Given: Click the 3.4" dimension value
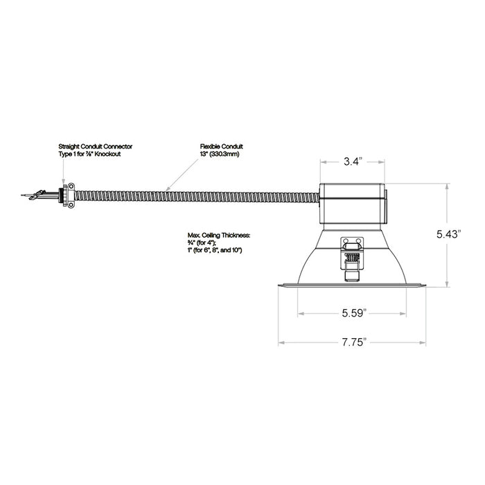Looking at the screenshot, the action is [x=353, y=161].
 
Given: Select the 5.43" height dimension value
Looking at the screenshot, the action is [x=447, y=234].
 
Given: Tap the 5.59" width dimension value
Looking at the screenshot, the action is [x=354, y=313].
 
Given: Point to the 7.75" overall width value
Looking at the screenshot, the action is [x=354, y=342].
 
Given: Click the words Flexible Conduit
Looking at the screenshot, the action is [x=222, y=146].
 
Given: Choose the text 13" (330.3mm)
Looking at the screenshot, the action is [x=220, y=154].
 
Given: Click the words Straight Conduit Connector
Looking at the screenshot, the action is [x=96, y=146].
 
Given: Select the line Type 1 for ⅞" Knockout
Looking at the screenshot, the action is [x=89, y=154].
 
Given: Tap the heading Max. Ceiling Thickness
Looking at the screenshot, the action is [x=219, y=236].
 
